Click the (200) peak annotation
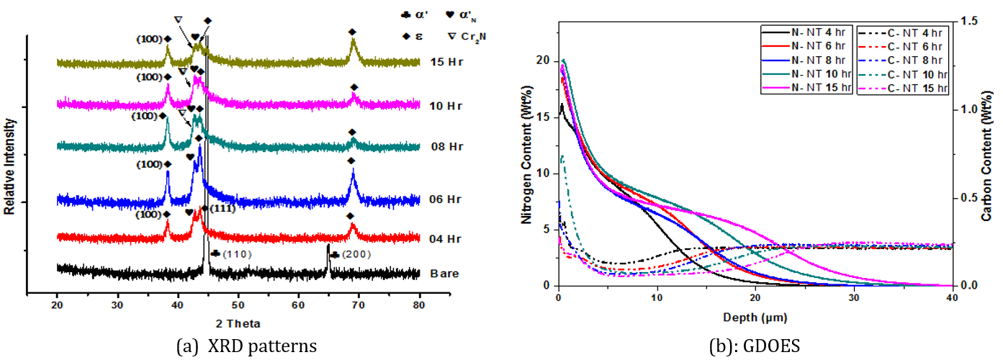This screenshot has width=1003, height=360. tap(354, 255)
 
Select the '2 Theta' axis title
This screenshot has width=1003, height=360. tap(240, 323)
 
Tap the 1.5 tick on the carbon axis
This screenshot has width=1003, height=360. tap(968, 22)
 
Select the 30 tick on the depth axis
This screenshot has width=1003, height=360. tap(853, 297)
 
